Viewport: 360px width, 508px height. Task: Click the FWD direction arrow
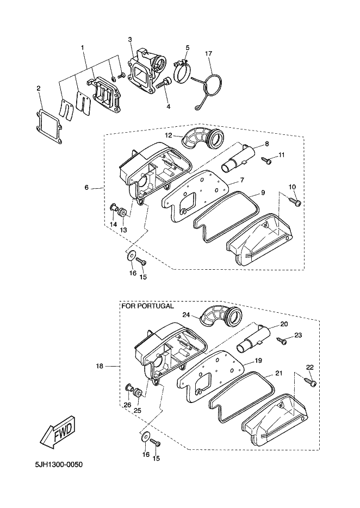click(56, 432)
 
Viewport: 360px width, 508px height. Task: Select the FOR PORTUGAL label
click(147, 306)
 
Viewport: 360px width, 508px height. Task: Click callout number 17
click(208, 53)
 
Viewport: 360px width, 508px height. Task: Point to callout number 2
click(39, 88)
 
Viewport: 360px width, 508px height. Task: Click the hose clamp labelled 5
click(184, 70)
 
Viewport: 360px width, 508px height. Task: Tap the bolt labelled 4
click(164, 84)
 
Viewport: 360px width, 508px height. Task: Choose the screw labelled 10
click(296, 201)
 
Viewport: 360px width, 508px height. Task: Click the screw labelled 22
click(312, 383)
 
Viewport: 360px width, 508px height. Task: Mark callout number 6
click(86, 188)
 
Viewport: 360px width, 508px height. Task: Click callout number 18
click(100, 367)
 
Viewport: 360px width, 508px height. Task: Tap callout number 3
click(131, 39)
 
